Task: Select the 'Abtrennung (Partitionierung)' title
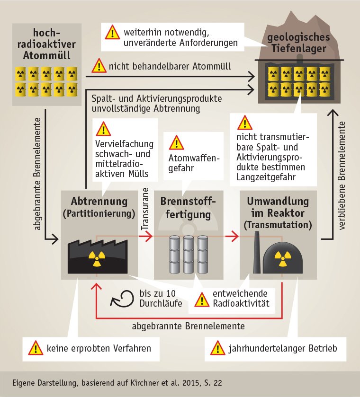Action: click(x=99, y=207)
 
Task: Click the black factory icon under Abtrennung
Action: click(x=98, y=256)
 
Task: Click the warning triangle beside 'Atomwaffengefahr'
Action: click(x=176, y=142)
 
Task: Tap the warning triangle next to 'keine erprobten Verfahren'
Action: click(x=36, y=349)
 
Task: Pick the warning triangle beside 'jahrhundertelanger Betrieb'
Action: click(x=217, y=349)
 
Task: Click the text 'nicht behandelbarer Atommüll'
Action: click(x=170, y=66)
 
